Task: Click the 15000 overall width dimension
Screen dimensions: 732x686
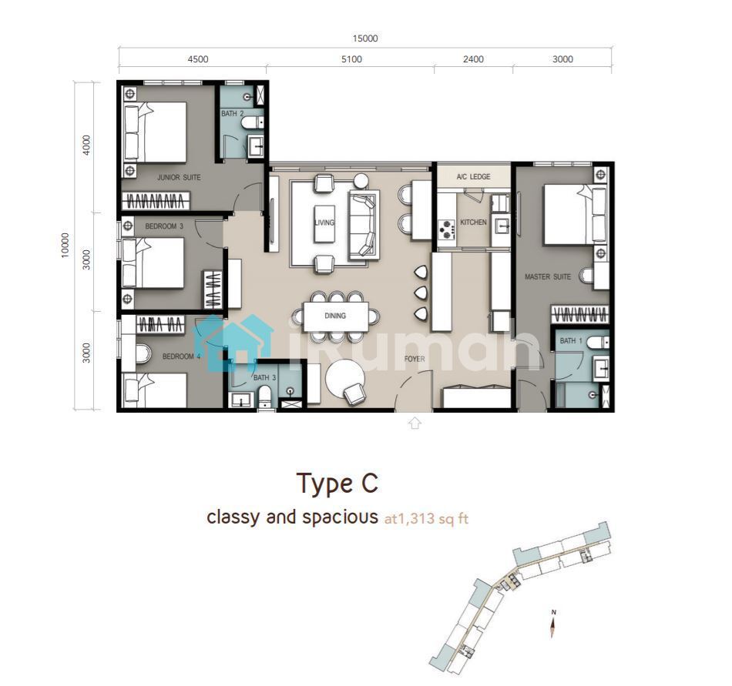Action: click(365, 38)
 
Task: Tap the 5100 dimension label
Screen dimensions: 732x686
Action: click(351, 59)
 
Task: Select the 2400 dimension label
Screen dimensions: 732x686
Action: click(473, 59)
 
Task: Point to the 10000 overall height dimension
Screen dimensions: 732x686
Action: click(65, 245)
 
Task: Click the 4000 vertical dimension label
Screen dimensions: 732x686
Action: click(86, 145)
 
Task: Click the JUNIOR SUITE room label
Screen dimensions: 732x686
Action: click(179, 177)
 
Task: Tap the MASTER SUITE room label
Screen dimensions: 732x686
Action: click(548, 276)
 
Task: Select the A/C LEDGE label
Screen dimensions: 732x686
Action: click(473, 177)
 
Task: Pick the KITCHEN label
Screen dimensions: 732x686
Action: click(473, 222)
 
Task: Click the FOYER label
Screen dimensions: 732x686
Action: click(415, 359)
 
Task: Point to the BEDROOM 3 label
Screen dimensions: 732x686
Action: click(164, 226)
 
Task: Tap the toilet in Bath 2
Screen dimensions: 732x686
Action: click(252, 122)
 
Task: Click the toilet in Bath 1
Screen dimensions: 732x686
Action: click(598, 343)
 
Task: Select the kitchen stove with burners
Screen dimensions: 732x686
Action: click(446, 229)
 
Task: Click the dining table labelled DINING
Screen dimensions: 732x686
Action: click(335, 316)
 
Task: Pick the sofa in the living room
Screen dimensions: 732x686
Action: click(364, 225)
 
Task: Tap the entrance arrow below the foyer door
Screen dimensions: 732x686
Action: click(415, 423)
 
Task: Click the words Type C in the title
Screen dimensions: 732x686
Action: click(337, 484)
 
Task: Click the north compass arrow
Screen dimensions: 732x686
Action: click(553, 627)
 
